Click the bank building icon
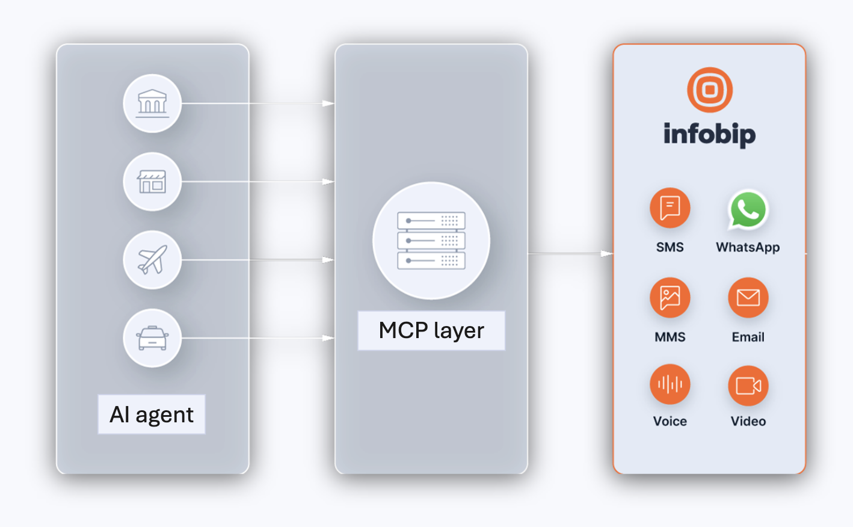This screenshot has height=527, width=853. coord(152,103)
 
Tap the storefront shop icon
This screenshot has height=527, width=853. coord(152,182)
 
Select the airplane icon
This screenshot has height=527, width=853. coord(152,260)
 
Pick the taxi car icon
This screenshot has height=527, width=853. coord(152,338)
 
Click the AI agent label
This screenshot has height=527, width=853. coord(152,415)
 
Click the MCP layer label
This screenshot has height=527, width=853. coord(431,330)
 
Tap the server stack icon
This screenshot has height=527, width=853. coord(431,241)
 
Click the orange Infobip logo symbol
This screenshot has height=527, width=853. coord(710,90)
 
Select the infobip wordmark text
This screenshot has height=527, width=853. coord(710,134)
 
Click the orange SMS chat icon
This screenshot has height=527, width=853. coord(670,208)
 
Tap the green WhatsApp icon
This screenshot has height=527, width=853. coord(748,209)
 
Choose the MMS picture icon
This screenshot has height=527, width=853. coord(670,298)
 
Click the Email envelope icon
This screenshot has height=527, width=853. coord(748,298)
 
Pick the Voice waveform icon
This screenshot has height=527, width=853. coord(670,384)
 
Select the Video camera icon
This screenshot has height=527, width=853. coord(748,386)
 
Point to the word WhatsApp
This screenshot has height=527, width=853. coord(748,247)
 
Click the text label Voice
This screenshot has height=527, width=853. coord(670,421)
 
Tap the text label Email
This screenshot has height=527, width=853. coord(748,337)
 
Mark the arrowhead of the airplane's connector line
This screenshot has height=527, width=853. coord(328,260)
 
